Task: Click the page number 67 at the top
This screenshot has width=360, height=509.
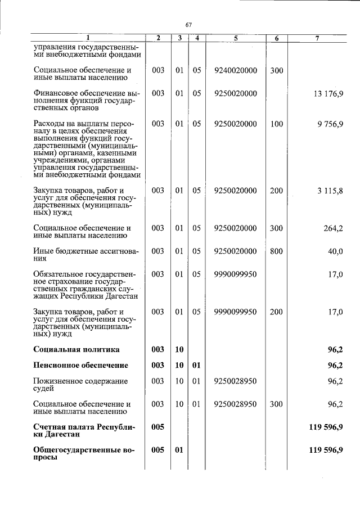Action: pyautogui.click(x=188, y=25)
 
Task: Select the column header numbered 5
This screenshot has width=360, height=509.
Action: pyautogui.click(x=235, y=38)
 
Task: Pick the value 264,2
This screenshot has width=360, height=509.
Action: pyautogui.click(x=333, y=228)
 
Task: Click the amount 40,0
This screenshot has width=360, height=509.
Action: pyautogui.click(x=335, y=251)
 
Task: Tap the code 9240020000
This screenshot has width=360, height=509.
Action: pyautogui.click(x=236, y=71)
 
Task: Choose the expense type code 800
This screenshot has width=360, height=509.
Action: pyautogui.click(x=276, y=251)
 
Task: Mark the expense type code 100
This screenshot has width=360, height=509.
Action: pyautogui.click(x=276, y=124)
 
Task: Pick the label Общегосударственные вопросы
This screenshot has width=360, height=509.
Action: pyautogui.click(x=84, y=454)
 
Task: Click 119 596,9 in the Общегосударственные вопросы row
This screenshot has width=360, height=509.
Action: pyautogui.click(x=326, y=450)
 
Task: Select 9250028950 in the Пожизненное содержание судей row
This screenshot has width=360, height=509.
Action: pyautogui.click(x=236, y=381)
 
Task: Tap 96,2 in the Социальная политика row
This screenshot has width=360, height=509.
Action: pyautogui.click(x=335, y=349)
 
